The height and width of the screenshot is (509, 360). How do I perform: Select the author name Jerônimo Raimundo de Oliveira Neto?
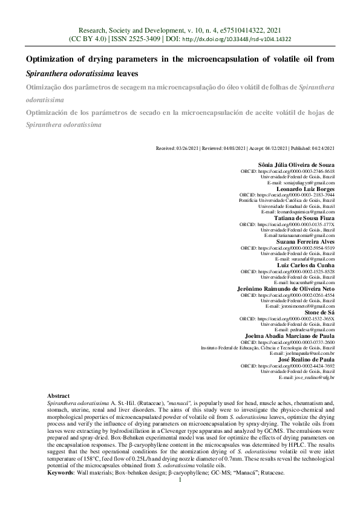pyautogui.click(x=286, y=288)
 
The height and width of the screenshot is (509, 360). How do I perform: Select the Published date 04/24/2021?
pyautogui.click(x=321, y=148)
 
